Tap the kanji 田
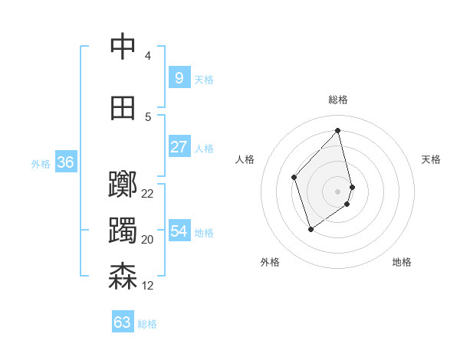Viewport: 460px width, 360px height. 123,108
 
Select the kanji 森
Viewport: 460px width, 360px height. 123,277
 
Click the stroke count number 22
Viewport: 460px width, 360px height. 148,194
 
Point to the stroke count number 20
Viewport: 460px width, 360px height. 148,240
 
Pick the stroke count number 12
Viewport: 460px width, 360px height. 148,286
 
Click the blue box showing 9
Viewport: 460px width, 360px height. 179,78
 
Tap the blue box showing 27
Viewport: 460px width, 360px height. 179,147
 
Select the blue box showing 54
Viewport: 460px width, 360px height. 179,231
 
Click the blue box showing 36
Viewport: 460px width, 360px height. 65,162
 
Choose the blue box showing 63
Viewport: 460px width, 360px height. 122,322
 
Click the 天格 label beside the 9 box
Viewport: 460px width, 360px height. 204,80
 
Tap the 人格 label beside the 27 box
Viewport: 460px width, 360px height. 204,149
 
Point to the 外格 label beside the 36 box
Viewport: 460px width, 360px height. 41,164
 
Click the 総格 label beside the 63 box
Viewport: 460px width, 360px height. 147,324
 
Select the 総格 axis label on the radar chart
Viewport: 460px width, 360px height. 337,100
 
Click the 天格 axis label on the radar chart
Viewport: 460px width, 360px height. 432,159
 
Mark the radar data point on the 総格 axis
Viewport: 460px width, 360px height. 337,130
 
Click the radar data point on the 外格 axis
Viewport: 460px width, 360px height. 310,228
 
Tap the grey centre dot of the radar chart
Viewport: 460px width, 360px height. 337,191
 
